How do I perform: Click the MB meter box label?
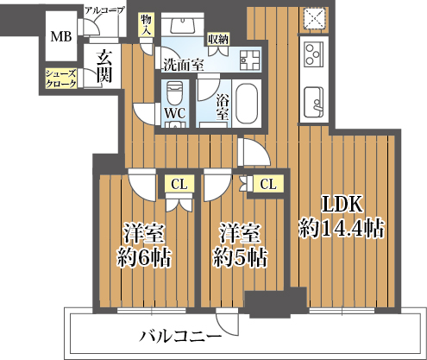pos(61,36)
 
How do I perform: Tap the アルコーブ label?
pos(104,10)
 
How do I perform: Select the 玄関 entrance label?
pos(104,66)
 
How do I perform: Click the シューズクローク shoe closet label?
pos(61,79)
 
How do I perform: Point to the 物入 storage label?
pos(146,24)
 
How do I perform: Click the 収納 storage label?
pos(218,39)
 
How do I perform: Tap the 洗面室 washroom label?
pos(184,65)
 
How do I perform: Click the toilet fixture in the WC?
pos(174,93)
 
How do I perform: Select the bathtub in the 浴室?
pos(247,104)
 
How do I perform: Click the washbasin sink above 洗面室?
pos(183,24)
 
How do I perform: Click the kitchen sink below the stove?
pos(314,103)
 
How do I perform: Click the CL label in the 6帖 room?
pos(179,184)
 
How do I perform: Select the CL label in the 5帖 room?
pos(268,184)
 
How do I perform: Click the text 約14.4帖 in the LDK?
pos(341,229)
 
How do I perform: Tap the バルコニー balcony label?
pos(180,337)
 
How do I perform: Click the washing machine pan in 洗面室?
pos(250,60)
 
